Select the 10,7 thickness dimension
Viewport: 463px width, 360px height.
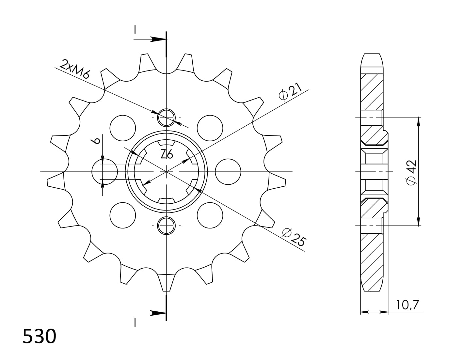click(407, 305)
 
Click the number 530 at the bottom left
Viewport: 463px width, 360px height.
click(39, 337)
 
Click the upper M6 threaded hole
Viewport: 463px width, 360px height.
click(167, 117)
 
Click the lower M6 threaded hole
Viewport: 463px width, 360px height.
click(167, 225)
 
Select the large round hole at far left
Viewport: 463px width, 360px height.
click(104, 172)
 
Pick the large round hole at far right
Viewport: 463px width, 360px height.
click(228, 172)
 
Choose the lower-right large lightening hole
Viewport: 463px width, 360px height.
click(210, 215)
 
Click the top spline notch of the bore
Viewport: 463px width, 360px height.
click(167, 143)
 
